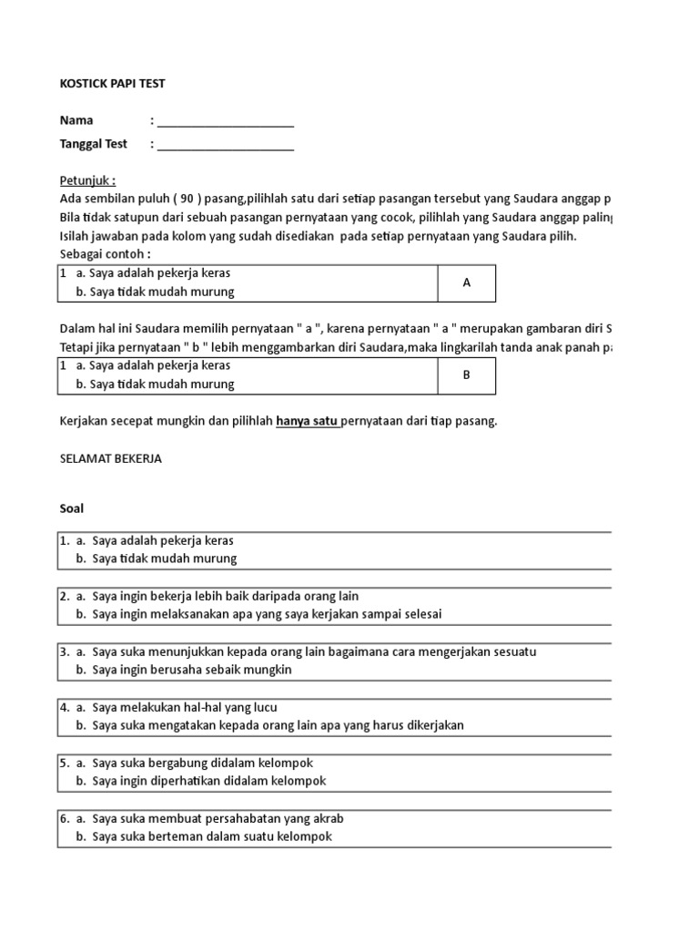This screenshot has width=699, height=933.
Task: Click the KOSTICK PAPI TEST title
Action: [112, 84]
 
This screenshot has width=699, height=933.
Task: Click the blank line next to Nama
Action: [225, 121]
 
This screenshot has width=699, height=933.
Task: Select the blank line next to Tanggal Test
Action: [225, 144]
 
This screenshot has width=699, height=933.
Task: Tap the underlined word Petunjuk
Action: [87, 180]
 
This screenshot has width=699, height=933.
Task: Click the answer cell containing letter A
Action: [466, 282]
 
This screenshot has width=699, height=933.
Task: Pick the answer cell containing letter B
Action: [466, 374]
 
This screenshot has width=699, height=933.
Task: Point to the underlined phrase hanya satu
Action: [308, 421]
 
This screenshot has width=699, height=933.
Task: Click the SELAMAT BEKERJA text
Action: [110, 459]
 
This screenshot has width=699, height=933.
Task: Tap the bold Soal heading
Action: [72, 508]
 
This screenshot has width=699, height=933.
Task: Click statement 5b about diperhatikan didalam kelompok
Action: [208, 781]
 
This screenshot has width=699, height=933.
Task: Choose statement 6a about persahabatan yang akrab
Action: [218, 818]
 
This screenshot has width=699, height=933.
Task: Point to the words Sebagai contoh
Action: [105, 253]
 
